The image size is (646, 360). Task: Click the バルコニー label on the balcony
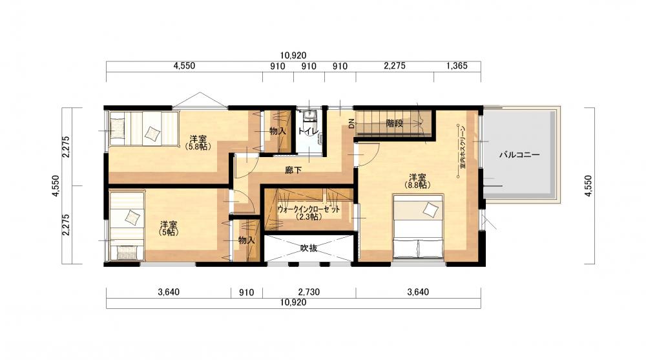pyautogui.click(x=519, y=155)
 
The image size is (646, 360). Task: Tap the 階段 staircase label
pyautogui.click(x=394, y=123)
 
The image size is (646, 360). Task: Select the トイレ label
pyautogui.click(x=308, y=131)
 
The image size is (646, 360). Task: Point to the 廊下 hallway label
pyautogui.click(x=293, y=169)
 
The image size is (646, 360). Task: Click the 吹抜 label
pyautogui.click(x=309, y=248)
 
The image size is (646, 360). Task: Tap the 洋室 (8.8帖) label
pyautogui.click(x=417, y=181)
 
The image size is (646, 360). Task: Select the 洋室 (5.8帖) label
pyautogui.click(x=198, y=142)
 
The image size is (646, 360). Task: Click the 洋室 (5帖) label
pyautogui.click(x=169, y=228)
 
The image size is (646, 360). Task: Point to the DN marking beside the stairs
pyautogui.click(x=351, y=123)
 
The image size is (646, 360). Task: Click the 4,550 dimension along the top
pyautogui.click(x=184, y=66)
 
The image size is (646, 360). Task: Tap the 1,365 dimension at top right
pyautogui.click(x=457, y=66)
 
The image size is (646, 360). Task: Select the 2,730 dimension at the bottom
pyautogui.click(x=309, y=292)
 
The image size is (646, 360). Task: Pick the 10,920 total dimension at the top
pyautogui.click(x=293, y=55)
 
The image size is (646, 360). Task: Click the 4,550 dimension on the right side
pyautogui.click(x=588, y=186)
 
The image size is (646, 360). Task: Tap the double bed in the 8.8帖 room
pyautogui.click(x=418, y=228)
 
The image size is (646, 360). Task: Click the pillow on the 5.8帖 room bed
pyautogui.click(x=152, y=133)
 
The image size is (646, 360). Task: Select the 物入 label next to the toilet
pyautogui.click(x=278, y=131)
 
